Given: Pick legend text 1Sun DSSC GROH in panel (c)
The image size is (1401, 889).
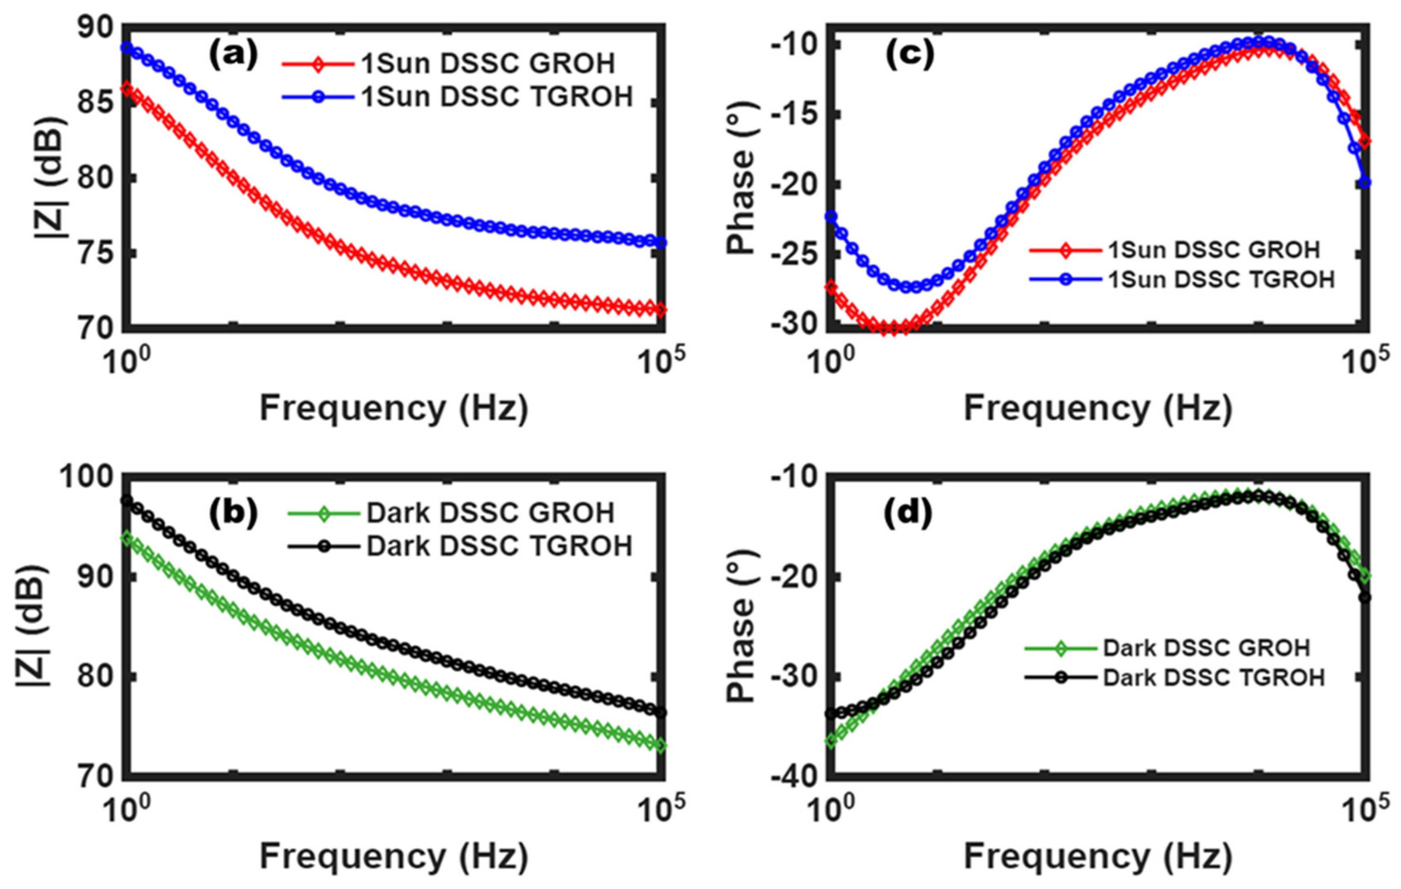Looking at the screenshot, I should pos(1213,250).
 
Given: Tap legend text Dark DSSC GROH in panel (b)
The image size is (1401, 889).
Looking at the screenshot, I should pos(490,513).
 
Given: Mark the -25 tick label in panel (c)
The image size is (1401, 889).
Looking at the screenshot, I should pos(795,256).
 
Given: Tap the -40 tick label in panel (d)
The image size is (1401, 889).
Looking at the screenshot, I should pos(795,777).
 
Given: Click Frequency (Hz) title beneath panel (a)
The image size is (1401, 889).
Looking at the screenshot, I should pos(394,408).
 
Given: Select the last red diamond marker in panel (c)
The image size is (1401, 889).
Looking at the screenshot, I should pos(1365,141).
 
